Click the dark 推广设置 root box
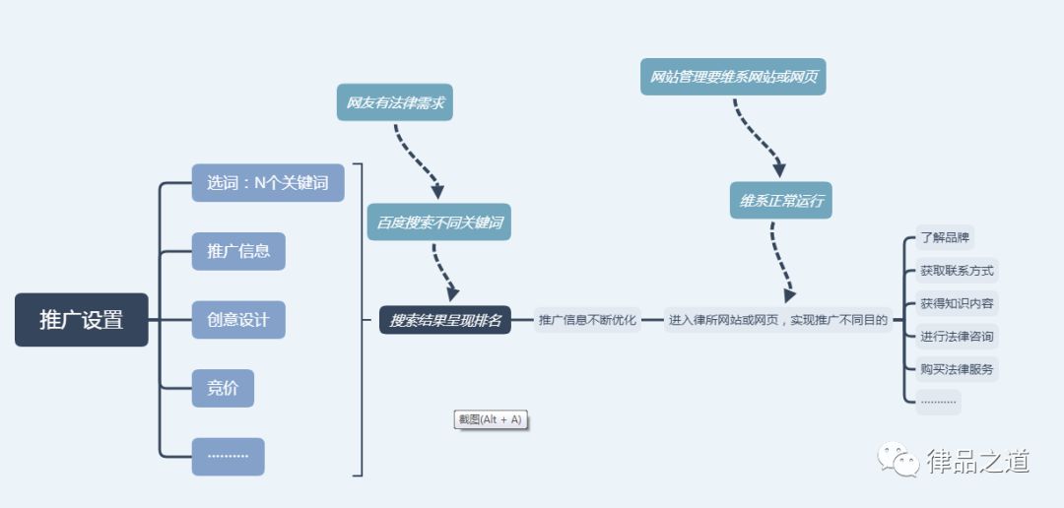click(81, 320)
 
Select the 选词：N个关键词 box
click(268, 182)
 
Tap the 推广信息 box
click(238, 251)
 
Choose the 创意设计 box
click(238, 320)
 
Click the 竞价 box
click(223, 388)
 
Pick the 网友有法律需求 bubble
click(395, 102)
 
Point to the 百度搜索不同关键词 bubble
click(438, 222)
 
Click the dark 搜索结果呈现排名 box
click(445, 320)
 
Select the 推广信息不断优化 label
click(587, 320)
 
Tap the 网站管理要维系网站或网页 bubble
click(733, 77)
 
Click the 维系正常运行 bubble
click(780, 201)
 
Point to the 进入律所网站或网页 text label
click(778, 320)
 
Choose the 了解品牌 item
click(945, 237)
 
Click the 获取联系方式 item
click(957, 271)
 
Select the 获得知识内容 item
click(957, 303)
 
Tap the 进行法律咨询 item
click(957, 337)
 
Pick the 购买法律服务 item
click(957, 369)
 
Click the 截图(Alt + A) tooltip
click(491, 419)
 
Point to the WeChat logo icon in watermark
click(898, 460)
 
